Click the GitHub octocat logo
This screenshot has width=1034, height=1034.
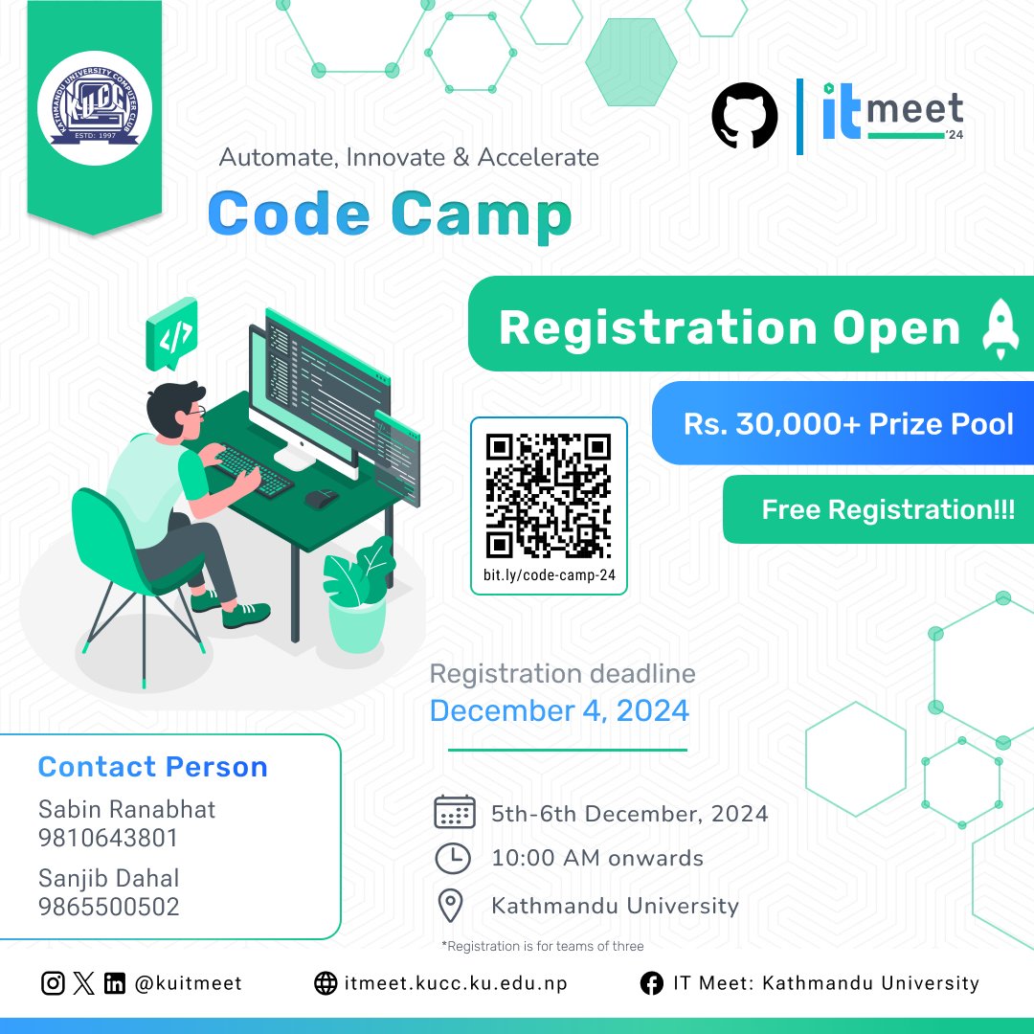(745, 115)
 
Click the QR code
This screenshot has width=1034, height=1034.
(548, 495)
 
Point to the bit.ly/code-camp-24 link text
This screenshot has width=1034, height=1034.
(549, 576)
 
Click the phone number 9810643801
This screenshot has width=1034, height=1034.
(108, 839)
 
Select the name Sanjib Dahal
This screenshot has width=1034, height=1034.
(108, 878)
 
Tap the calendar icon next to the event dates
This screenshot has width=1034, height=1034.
(454, 813)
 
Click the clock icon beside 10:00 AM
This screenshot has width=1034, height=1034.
(453, 858)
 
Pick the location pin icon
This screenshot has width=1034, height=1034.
(450, 905)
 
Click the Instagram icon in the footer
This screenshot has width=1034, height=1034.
(53, 983)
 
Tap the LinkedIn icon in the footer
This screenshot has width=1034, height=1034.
(115, 983)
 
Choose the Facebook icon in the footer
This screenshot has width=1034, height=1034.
(652, 983)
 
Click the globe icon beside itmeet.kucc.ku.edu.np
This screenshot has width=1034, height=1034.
(326, 983)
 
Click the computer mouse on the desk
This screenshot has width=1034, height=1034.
(321, 498)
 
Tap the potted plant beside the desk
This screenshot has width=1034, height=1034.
(357, 594)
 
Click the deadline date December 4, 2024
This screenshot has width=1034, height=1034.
(559, 710)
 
